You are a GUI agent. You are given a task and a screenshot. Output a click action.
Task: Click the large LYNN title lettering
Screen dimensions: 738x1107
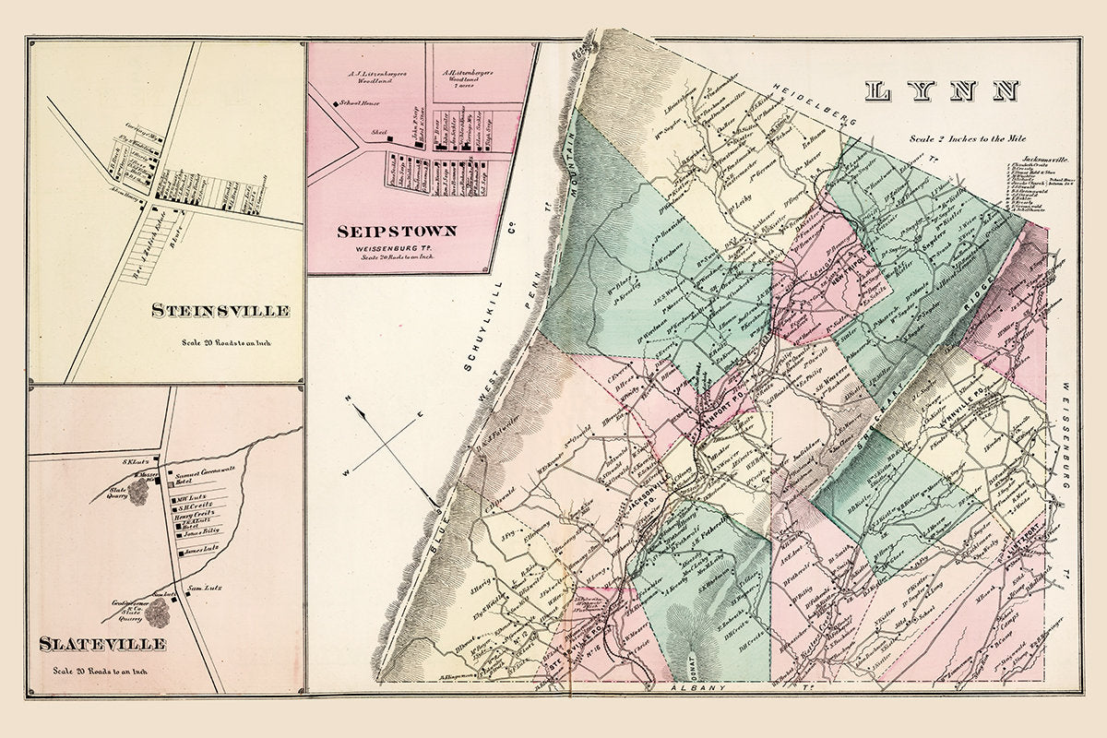(x=942, y=91)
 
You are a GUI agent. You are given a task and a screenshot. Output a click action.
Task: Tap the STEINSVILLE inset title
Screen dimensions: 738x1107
(x=220, y=311)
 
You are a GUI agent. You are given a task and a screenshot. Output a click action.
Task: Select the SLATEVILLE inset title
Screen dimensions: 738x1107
(x=102, y=643)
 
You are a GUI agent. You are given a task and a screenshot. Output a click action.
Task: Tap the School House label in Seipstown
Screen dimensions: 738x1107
(x=352, y=103)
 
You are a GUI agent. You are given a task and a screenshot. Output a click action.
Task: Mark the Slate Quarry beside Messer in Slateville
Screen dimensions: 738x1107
(x=139, y=491)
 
